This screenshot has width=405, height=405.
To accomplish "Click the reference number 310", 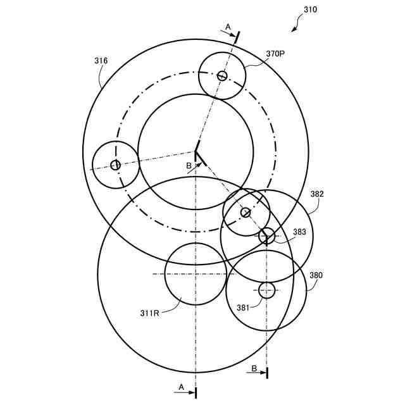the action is click(310, 9).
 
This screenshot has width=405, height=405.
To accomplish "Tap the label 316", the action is click(101, 61).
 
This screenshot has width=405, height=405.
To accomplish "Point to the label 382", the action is click(316, 194).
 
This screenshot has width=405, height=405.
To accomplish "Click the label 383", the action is click(299, 232).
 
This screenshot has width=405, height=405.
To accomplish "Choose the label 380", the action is click(315, 275).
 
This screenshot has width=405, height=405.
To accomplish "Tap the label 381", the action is click(244, 308).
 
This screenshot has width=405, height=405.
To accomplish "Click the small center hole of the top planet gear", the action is click(222, 76).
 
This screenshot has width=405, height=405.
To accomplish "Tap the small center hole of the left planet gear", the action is click(115, 165).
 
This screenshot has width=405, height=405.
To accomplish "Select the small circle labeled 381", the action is click(267, 290).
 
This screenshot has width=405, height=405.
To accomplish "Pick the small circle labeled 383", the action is click(266, 235).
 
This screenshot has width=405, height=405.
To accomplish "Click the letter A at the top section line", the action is click(228, 27).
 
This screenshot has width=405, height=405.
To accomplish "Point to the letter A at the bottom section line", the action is click(181, 386).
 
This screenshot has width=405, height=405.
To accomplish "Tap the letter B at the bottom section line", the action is click(254, 368).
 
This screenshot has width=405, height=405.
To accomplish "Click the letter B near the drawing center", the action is click(188, 166).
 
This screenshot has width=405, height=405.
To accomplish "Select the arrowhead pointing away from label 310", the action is click(294, 28).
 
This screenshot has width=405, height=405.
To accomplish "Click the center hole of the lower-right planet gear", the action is click(246, 213).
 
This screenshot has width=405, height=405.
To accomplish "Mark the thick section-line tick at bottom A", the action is click(196, 392).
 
